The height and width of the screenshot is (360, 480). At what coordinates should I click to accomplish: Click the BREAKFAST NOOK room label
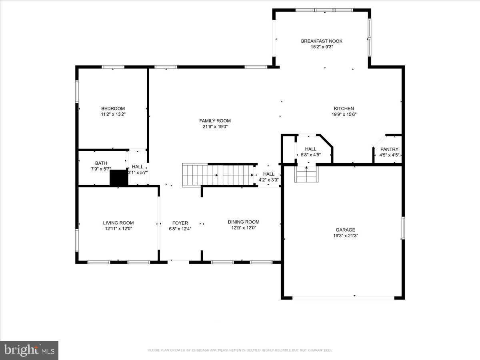[322, 41]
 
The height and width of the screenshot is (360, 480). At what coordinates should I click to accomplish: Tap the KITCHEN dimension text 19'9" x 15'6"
[344, 114]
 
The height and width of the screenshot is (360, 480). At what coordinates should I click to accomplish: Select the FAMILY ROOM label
[215, 121]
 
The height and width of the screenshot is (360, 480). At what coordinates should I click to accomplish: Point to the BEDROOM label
[113, 108]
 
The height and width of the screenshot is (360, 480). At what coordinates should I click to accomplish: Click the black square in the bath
[119, 178]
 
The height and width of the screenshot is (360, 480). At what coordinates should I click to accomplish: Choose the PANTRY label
[389, 149]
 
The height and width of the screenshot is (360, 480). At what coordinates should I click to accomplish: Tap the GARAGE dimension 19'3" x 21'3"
[345, 236]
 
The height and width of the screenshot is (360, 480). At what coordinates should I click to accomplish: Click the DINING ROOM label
[244, 222]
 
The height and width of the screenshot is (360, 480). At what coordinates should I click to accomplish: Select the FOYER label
[180, 223]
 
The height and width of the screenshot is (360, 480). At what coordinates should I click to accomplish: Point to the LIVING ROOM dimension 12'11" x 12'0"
[118, 229]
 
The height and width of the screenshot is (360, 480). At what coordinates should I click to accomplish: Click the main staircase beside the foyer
[219, 175]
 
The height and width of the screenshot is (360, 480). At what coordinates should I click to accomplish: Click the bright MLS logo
[29, 350]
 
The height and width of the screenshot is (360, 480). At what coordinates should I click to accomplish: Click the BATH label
[101, 163]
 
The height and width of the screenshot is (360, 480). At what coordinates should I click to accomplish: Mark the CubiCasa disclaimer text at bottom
[240, 350]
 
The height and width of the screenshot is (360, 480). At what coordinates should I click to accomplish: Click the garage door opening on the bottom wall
[343, 298]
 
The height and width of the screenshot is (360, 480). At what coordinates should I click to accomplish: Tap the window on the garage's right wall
[403, 228]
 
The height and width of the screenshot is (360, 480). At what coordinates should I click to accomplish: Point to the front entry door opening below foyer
[178, 262]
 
